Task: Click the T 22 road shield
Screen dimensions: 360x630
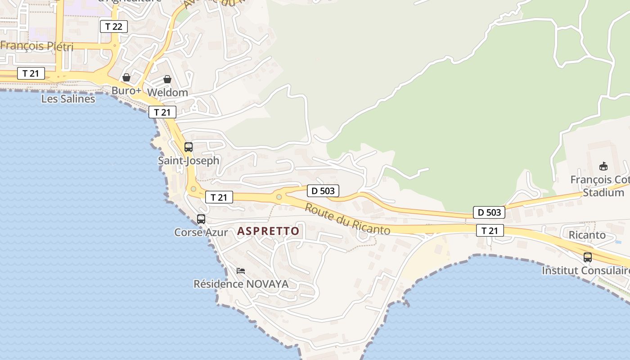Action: pyautogui.click(x=114, y=27)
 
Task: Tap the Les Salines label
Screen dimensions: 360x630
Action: pyautogui.click(x=68, y=99)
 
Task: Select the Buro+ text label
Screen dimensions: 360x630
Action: pyautogui.click(x=126, y=90)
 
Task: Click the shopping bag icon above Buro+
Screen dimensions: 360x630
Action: pyautogui.click(x=126, y=77)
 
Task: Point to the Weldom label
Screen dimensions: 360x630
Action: pyautogui.click(x=167, y=92)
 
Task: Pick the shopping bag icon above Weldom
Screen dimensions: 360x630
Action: pyautogui.click(x=167, y=79)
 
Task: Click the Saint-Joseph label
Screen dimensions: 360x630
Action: pyautogui.click(x=189, y=160)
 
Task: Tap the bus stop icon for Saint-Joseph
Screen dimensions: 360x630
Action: pyautogui.click(x=189, y=147)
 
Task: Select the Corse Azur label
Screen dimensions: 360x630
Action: pyautogui.click(x=201, y=232)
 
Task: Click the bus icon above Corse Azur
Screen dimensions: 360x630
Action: pyautogui.click(x=201, y=219)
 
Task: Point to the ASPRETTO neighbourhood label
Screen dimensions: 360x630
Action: pyautogui.click(x=268, y=231)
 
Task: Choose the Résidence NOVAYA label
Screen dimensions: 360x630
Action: pyautogui.click(x=241, y=284)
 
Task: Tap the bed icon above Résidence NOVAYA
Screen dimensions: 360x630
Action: pyautogui.click(x=241, y=271)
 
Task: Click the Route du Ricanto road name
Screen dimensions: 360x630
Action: pyautogui.click(x=347, y=219)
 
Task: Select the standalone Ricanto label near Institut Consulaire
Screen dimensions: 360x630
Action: pyautogui.click(x=587, y=235)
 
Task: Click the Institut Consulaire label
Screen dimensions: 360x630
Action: pyautogui.click(x=585, y=270)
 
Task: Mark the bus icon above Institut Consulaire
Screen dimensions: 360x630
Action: pyautogui.click(x=588, y=257)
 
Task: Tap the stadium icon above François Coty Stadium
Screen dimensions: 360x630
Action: pyautogui.click(x=603, y=166)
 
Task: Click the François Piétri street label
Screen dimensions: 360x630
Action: pyautogui.click(x=37, y=46)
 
